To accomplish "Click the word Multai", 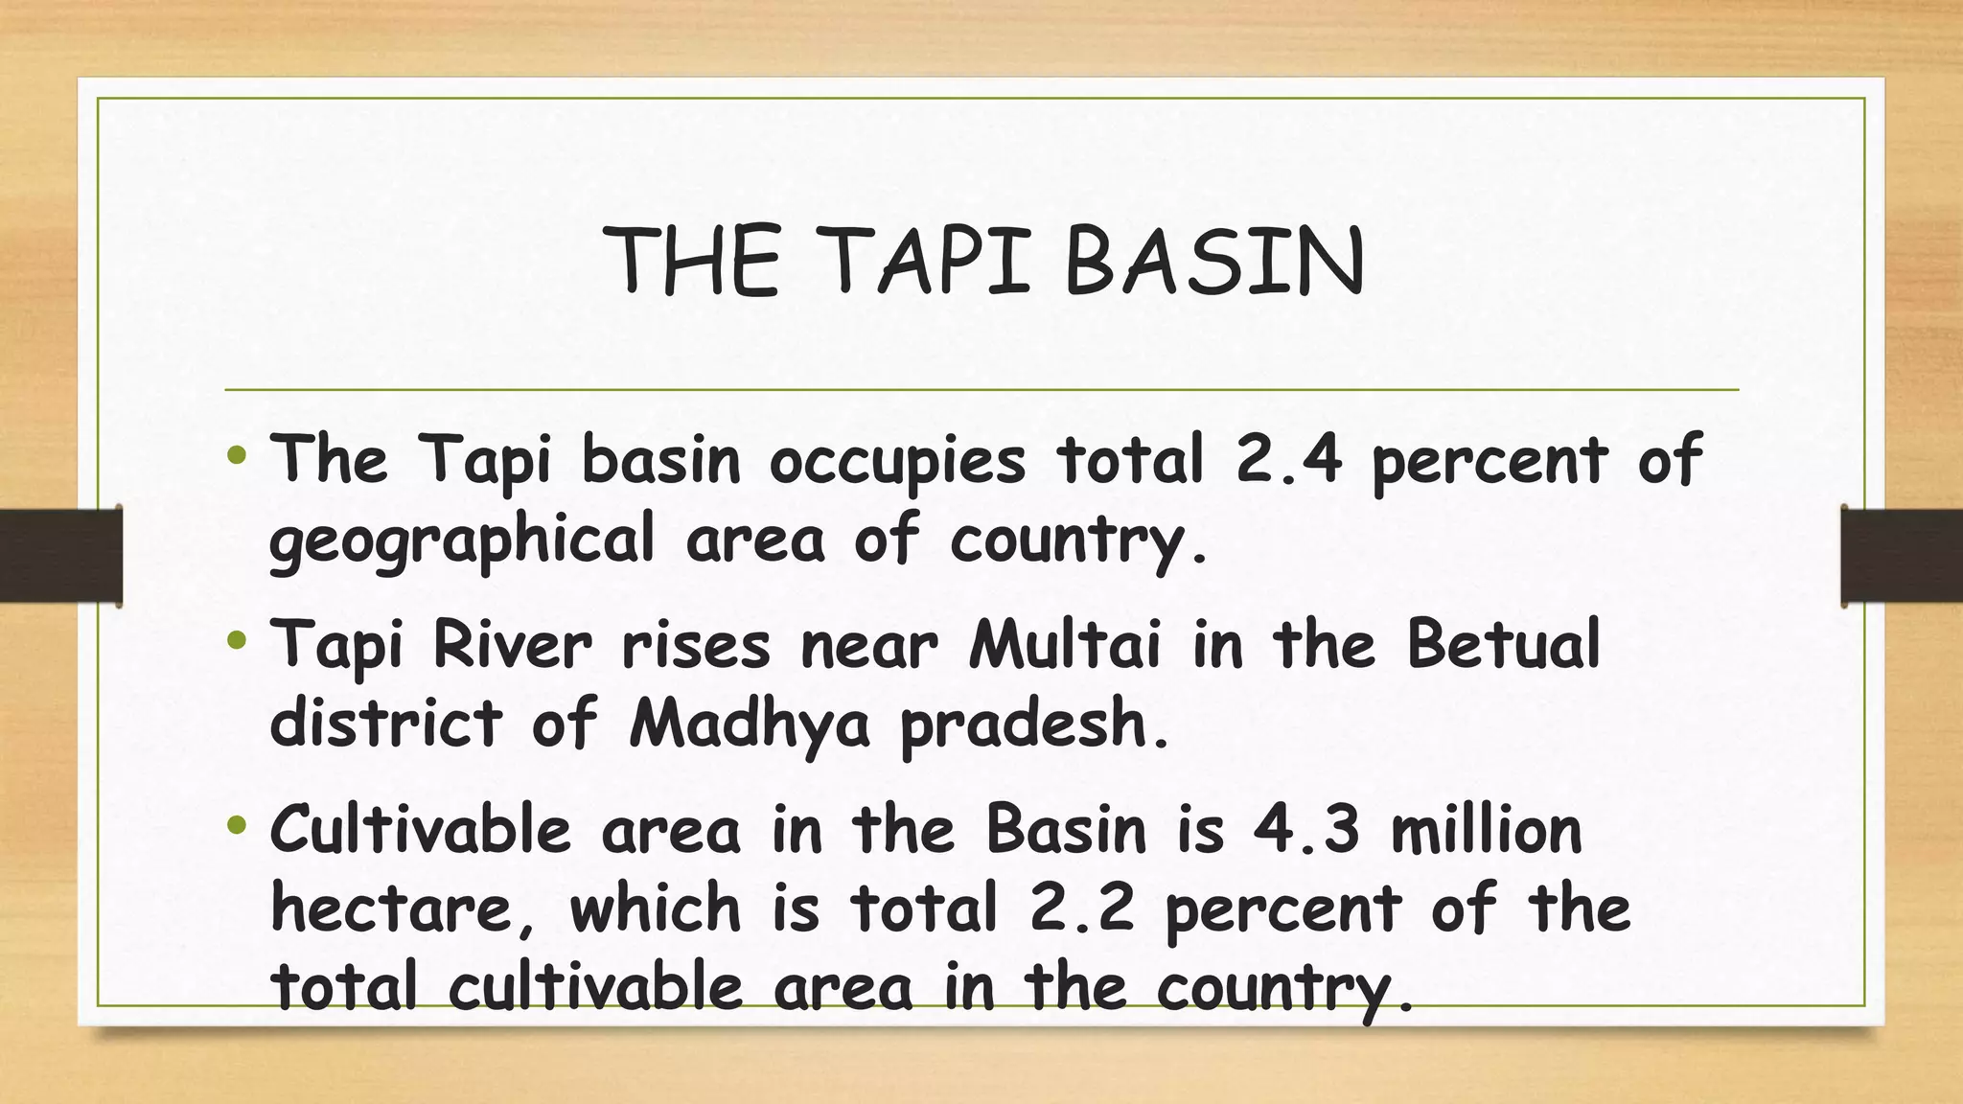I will pyautogui.click(x=1064, y=644).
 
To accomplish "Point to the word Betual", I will pyautogui.click(x=1503, y=644).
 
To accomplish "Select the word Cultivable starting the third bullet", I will pyautogui.click(x=420, y=830).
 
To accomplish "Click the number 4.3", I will pyautogui.click(x=1306, y=830).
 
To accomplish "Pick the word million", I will pyautogui.click(x=1486, y=830).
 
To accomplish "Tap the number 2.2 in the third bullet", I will pyautogui.click(x=1081, y=909).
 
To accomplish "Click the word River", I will pyautogui.click(x=512, y=644).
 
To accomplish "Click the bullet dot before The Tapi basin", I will pyautogui.click(x=238, y=454).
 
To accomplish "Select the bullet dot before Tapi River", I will pyautogui.click(x=238, y=639).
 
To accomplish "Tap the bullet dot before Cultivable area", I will pyautogui.click(x=238, y=824).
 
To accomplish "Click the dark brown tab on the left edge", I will pyautogui.click(x=60, y=556).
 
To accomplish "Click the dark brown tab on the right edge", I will pyautogui.click(x=1902, y=556).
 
